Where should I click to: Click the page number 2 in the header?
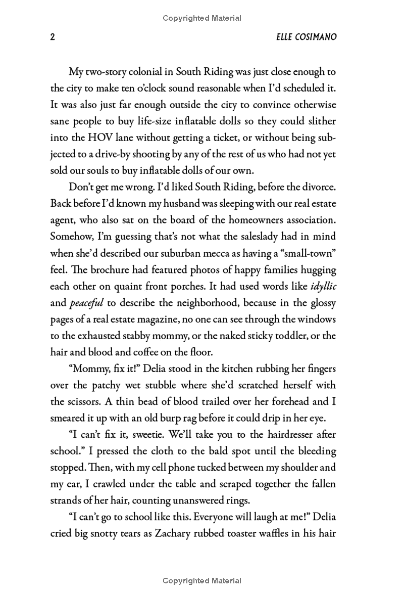tap(53, 37)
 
